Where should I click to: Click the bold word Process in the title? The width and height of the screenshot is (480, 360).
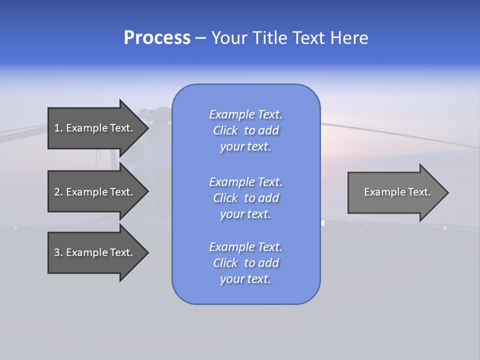click(x=157, y=38)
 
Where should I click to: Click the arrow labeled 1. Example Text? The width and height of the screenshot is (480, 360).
click(x=95, y=128)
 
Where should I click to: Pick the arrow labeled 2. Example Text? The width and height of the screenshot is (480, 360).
click(x=95, y=192)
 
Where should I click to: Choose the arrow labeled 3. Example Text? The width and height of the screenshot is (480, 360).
click(x=95, y=252)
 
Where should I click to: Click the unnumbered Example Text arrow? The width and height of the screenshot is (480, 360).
click(x=395, y=192)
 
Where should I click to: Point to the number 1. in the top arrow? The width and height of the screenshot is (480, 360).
click(x=58, y=128)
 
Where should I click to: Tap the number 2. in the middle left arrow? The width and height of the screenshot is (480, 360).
click(x=58, y=192)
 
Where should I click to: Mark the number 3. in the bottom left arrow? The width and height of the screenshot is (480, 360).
click(x=58, y=252)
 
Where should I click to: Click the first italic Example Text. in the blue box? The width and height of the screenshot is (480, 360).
click(x=245, y=114)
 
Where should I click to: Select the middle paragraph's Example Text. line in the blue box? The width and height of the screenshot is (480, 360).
click(x=245, y=182)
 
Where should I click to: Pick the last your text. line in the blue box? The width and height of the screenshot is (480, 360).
click(x=245, y=279)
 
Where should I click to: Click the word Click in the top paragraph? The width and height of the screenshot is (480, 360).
click(x=225, y=130)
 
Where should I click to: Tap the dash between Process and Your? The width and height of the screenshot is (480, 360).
click(x=200, y=38)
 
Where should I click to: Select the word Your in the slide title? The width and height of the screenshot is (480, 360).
click(x=229, y=38)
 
